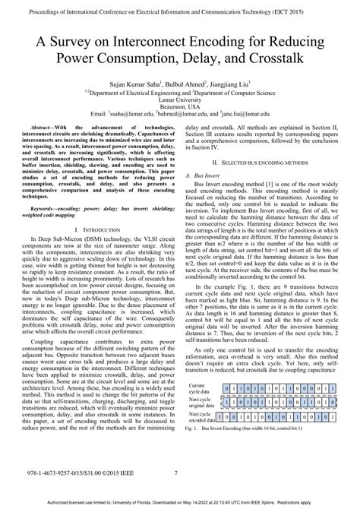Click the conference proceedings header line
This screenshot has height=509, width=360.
point(179,11)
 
